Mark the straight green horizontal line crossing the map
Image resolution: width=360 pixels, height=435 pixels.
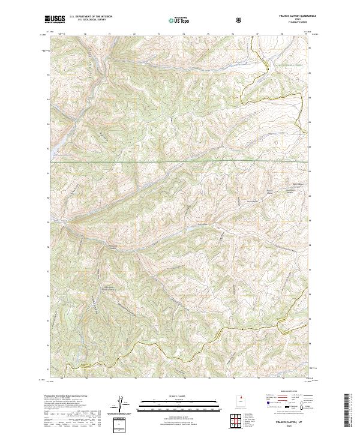click(x=180, y=162)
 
